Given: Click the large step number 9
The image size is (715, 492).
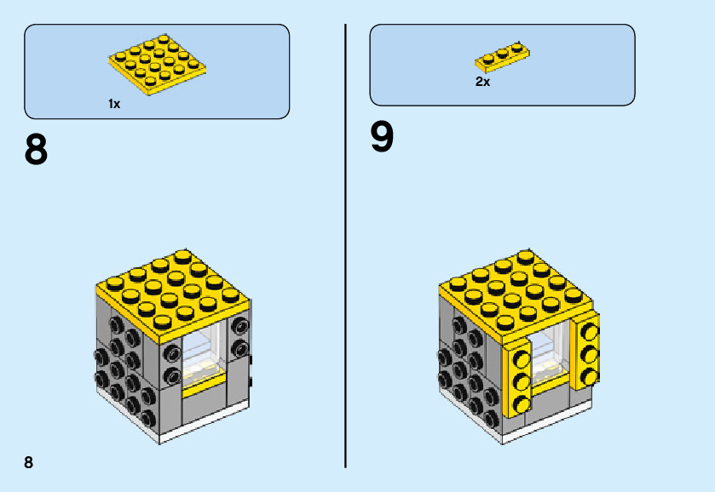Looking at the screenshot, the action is pyautogui.click(x=382, y=138).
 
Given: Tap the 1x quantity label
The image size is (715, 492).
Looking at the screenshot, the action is pyautogui.click(x=114, y=104).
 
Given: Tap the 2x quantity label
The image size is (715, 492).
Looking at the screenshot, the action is pyautogui.click(x=482, y=83).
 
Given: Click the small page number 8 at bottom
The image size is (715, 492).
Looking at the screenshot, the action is pyautogui.click(x=29, y=462).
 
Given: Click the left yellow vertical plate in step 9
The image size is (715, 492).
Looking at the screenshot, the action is pyautogui.click(x=517, y=380).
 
